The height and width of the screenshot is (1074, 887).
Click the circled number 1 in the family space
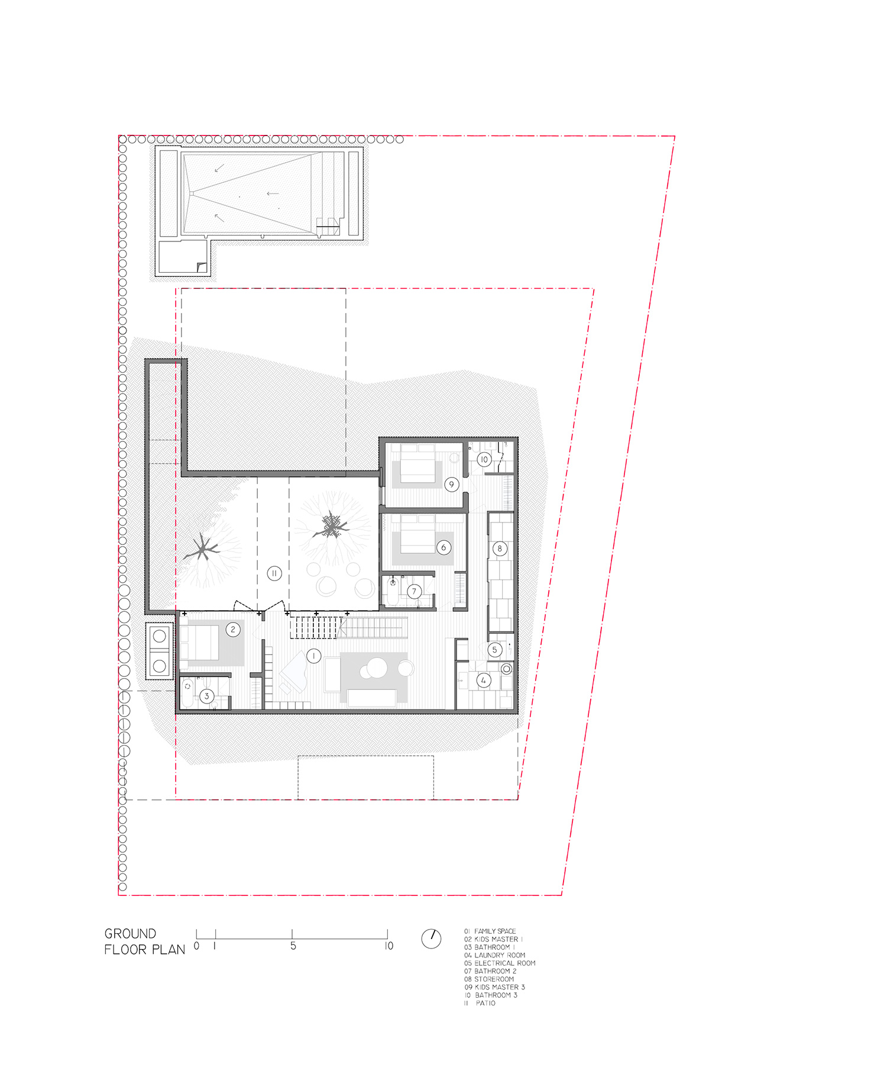313,656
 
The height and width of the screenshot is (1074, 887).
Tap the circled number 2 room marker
233,630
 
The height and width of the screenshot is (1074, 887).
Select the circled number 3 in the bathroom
206,696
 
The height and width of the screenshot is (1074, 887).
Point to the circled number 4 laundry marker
484,680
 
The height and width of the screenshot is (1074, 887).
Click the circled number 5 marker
495,650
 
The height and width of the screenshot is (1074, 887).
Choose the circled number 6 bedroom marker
444,547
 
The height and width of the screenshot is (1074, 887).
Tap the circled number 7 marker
414,591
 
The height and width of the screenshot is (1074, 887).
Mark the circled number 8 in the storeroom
500,549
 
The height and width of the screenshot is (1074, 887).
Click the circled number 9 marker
451,485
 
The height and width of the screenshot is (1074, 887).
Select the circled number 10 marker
484,459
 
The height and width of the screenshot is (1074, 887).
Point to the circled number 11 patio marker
274,573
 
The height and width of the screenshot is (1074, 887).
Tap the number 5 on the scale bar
293,946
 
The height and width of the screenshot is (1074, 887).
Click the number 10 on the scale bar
389,946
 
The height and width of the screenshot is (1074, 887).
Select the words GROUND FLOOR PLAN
144,941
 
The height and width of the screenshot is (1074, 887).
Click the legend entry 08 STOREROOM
489,979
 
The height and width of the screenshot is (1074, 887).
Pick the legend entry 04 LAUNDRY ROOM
494,955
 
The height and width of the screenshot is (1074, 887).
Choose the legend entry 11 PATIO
480,1003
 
